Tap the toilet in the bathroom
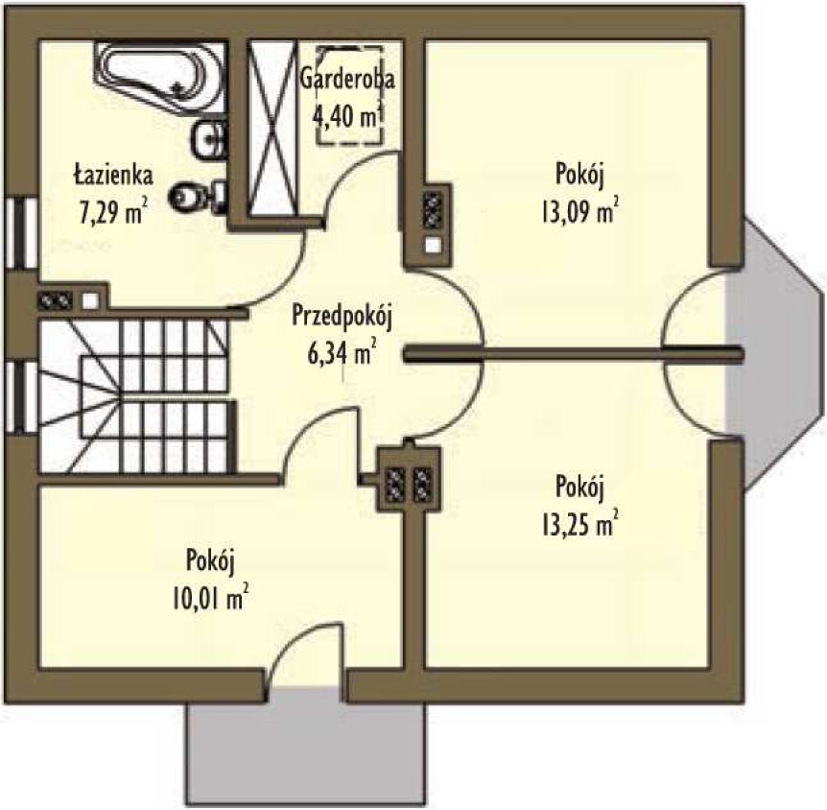click(190, 197)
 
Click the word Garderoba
click(347, 79)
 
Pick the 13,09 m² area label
click(579, 210)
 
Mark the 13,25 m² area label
click(579, 523)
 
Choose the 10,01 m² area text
click(212, 600)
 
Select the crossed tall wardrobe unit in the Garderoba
click(272, 131)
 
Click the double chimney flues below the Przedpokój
click(408, 480)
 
